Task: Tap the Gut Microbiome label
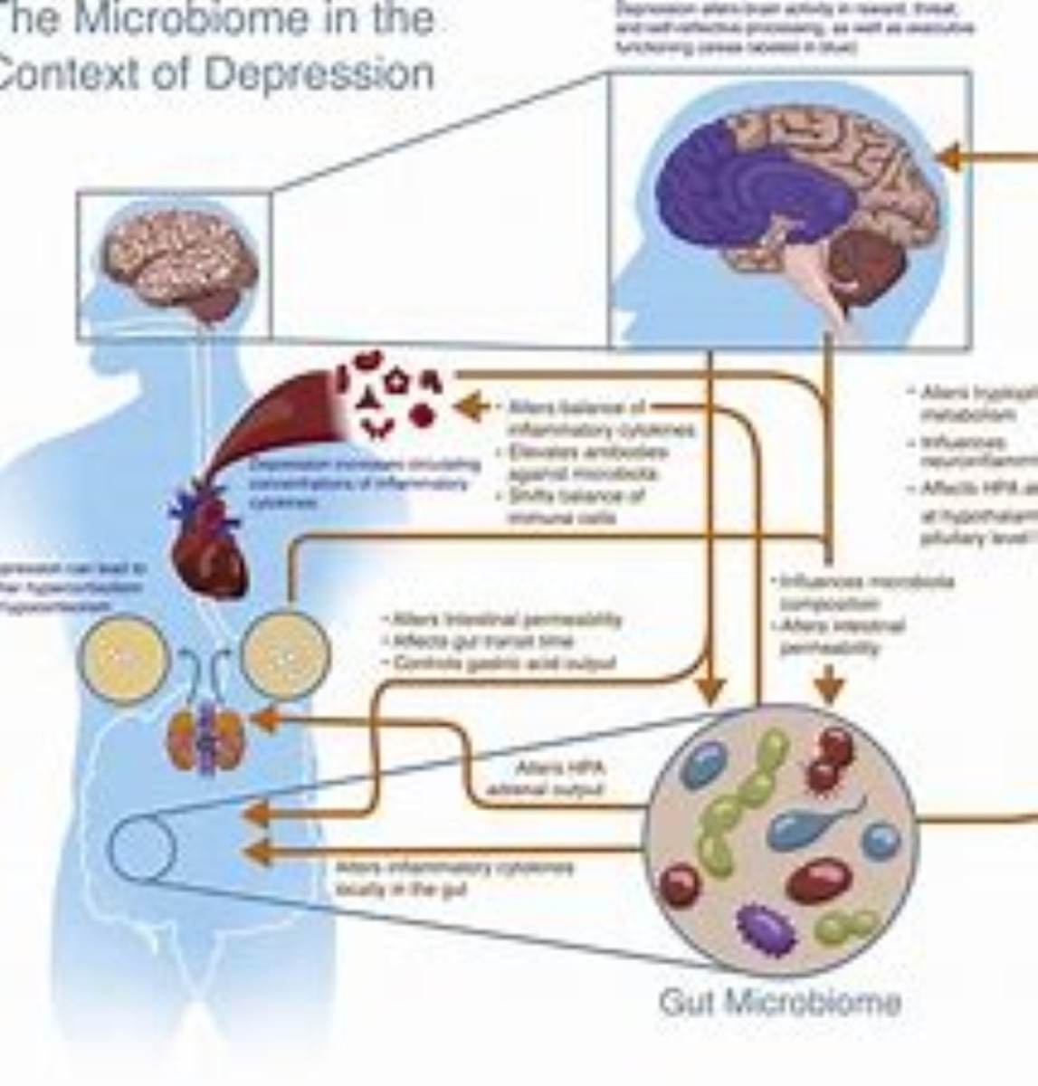point(780,1001)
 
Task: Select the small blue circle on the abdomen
point(142,846)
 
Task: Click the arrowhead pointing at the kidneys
point(264,719)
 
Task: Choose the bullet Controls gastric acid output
point(503,663)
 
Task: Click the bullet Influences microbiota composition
point(864,592)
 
